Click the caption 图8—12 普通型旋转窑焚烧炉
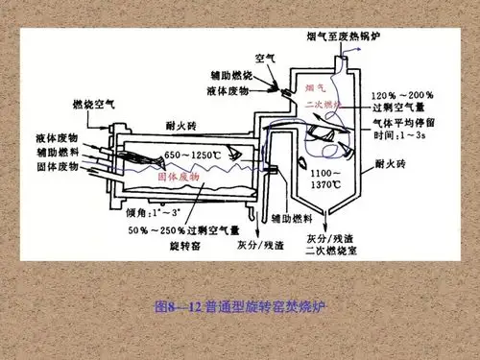(240, 308)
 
